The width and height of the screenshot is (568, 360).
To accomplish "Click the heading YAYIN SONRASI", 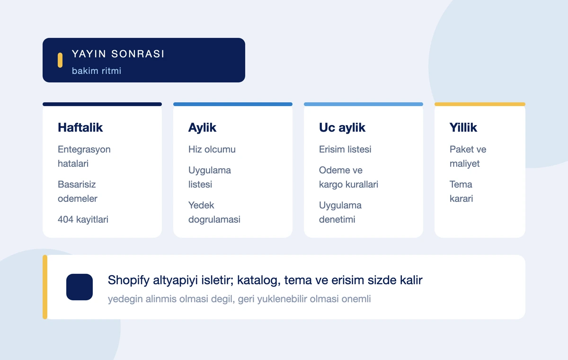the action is tap(118, 54).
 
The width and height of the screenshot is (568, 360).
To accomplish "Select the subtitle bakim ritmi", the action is tap(97, 71).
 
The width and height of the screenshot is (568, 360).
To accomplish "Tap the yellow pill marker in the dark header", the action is tap(60, 60).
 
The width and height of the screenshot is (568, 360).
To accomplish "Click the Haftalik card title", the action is tap(80, 127).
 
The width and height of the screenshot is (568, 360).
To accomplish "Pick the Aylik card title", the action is tap(202, 127).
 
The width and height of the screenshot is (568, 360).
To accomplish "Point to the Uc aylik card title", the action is tap(342, 127).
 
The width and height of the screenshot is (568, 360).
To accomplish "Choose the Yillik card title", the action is tap(463, 127).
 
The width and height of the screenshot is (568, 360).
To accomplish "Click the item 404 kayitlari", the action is tap(83, 219).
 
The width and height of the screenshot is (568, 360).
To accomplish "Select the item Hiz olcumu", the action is tap(212, 149).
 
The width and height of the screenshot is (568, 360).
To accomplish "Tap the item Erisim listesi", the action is tap(345, 149).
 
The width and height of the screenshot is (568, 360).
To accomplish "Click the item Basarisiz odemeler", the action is tap(78, 191).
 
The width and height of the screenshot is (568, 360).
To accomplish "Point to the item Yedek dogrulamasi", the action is tap(214, 212).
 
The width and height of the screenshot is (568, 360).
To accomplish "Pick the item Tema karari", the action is tap(461, 191).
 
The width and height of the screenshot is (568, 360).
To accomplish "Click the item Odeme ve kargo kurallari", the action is tap(348, 177).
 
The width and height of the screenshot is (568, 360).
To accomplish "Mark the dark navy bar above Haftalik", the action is tap(102, 104).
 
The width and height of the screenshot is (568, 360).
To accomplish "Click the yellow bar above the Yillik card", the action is tap(480, 104).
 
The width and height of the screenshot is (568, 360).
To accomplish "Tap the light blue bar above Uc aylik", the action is tap(364, 104).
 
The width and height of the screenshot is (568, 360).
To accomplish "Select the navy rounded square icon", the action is tap(80, 287).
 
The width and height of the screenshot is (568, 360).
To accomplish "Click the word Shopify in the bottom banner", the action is tap(129, 280).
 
